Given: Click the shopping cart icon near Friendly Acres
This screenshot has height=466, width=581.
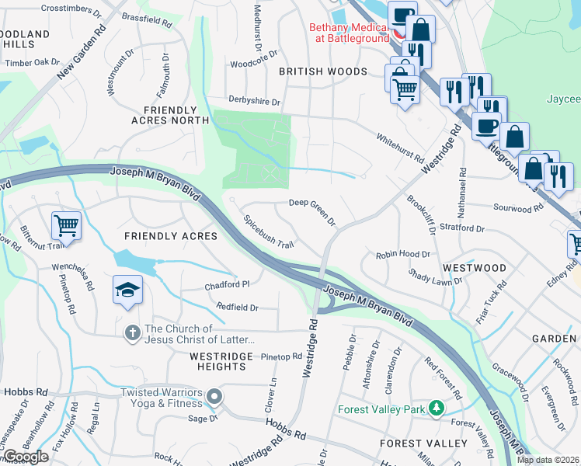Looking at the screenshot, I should click(66, 226).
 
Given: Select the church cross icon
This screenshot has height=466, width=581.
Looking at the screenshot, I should click(133, 333).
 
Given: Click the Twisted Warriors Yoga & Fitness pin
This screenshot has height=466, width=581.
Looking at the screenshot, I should click(215, 398).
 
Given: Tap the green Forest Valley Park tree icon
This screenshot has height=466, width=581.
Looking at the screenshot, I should click(437, 409).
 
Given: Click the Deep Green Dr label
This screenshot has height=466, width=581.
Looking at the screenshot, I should click(312, 211).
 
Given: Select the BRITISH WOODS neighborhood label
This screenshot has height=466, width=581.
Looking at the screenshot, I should click(322, 71).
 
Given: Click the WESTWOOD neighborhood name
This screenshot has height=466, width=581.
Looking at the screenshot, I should click(474, 268).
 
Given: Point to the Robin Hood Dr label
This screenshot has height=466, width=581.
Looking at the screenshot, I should click(402, 255).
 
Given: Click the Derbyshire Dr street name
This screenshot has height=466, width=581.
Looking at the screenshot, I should click(254, 100).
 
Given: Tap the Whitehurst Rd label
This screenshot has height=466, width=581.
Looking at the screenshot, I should click(399, 148).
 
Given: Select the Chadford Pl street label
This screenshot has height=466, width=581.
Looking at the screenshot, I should click(227, 285).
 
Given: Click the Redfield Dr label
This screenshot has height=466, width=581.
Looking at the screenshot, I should click(237, 308).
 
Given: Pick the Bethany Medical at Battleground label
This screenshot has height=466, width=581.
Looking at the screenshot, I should click(349, 31).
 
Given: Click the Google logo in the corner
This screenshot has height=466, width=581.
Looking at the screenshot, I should click(26, 457).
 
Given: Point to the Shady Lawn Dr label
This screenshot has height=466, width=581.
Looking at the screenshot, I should click(431, 277).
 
